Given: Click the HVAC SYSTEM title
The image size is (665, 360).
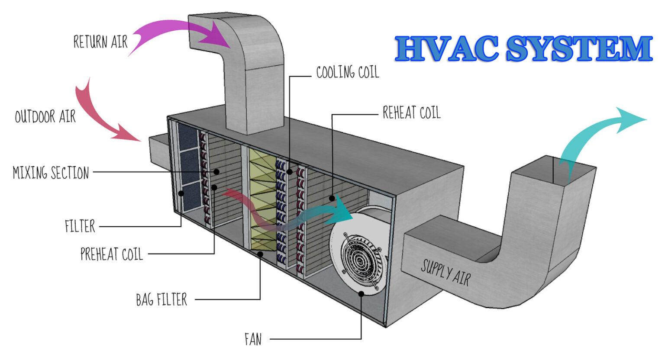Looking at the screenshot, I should (x=523, y=48).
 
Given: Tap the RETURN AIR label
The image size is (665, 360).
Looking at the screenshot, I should (x=100, y=42).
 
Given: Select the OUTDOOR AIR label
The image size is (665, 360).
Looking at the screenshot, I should (x=45, y=117).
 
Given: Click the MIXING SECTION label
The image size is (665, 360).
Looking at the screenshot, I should (x=51, y=173).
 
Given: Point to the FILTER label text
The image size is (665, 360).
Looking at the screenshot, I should (x=80, y=226).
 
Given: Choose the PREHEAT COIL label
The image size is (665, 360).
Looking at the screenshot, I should (x=112, y=254).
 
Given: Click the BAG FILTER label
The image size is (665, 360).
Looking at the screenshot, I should (x=161, y=299).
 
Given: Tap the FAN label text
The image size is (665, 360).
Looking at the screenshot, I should (x=253, y=339).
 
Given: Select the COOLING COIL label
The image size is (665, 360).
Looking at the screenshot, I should (x=347, y=73).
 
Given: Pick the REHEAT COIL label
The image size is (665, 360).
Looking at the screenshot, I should (x=411, y=113).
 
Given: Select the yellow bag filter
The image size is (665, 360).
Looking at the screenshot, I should (x=262, y=199).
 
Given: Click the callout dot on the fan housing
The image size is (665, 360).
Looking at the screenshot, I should (x=362, y=293).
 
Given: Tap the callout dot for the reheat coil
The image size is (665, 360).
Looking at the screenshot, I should (x=332, y=198).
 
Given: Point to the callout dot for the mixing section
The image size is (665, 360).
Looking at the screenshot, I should (x=216, y=172).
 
